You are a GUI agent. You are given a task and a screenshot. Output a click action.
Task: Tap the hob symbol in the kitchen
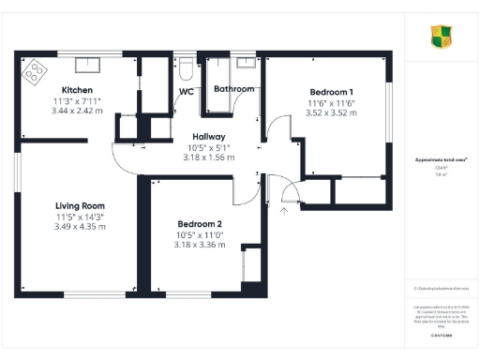point(36,68)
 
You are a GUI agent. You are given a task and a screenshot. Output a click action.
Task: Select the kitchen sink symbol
point(88,64)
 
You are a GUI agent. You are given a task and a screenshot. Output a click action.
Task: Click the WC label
point(187,91)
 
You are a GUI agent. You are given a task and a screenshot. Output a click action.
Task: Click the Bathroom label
point(233,89)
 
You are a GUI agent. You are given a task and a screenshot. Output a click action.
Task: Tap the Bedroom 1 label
point(333,92)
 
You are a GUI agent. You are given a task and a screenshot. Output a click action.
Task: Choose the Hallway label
point(209,136)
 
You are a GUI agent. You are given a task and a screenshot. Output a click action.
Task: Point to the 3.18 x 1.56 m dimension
point(209,157)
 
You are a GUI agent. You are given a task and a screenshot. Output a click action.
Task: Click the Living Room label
point(80,205)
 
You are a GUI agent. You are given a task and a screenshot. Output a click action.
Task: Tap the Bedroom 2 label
point(200,224)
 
